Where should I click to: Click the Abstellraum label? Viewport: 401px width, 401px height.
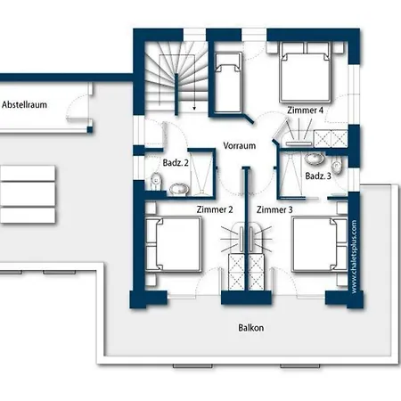24,105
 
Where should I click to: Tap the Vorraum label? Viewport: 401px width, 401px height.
240,145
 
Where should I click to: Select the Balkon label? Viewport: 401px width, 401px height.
251,328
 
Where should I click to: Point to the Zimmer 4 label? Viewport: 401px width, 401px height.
305,110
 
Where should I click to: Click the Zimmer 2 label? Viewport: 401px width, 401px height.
215,209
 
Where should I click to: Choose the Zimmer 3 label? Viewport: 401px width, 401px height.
274,209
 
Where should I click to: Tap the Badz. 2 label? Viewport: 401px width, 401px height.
176,163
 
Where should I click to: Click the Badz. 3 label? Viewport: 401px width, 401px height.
318,176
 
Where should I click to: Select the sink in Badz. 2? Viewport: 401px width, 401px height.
179,189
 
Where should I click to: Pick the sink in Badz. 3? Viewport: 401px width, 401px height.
315,159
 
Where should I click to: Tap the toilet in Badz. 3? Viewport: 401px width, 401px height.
337,166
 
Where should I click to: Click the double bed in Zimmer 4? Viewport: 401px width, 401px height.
305,72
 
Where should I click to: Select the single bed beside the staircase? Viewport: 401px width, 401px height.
228,83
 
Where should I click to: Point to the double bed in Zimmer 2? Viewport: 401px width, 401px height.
174,244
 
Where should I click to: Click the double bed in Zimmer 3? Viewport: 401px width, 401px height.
320,244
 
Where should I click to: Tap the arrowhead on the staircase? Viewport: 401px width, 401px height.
194,108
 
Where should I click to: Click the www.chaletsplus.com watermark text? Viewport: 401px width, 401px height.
354,257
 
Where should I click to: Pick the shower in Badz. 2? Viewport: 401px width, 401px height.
201,173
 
